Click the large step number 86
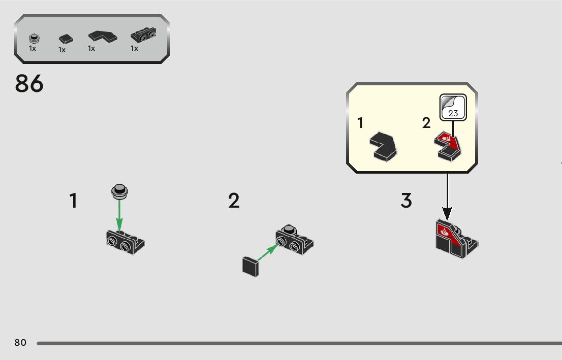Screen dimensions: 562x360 pos(29,84)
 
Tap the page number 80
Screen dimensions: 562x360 pos(20,343)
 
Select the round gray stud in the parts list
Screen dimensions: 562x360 pos(34,38)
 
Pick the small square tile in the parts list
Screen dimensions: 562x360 pos(65,39)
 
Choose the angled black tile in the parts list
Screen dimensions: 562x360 pos(102,37)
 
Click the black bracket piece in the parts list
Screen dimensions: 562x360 pos(143,35)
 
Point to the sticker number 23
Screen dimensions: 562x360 pos(453,113)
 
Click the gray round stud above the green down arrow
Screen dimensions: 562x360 pos(120,190)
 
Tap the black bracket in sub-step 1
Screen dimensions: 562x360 pos(126,242)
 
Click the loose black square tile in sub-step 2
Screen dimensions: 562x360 pos(250,266)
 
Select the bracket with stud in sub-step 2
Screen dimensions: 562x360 pos(294,240)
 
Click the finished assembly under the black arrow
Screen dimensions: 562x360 pos(455,239)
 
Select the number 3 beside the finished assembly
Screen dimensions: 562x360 pos(406,201)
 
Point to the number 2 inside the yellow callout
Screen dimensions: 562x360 pos(426,123)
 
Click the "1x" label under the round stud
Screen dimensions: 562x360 pos(33,49)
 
